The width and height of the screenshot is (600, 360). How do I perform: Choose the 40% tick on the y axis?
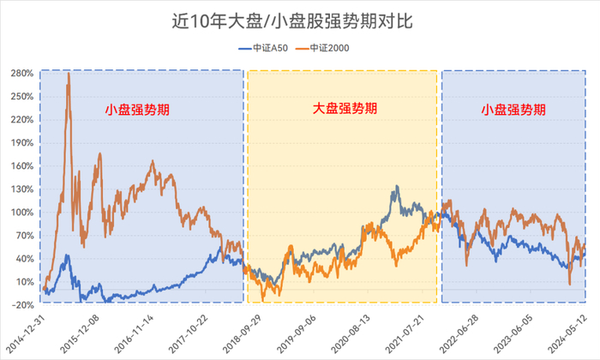point(22,258)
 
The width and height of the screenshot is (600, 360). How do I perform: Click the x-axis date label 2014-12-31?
point(24,331)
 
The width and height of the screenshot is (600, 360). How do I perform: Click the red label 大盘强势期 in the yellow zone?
point(343,110)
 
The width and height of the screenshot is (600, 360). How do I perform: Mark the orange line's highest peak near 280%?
point(69,74)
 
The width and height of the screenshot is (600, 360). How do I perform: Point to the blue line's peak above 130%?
point(396,187)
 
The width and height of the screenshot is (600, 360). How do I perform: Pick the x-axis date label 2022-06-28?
point(463,331)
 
